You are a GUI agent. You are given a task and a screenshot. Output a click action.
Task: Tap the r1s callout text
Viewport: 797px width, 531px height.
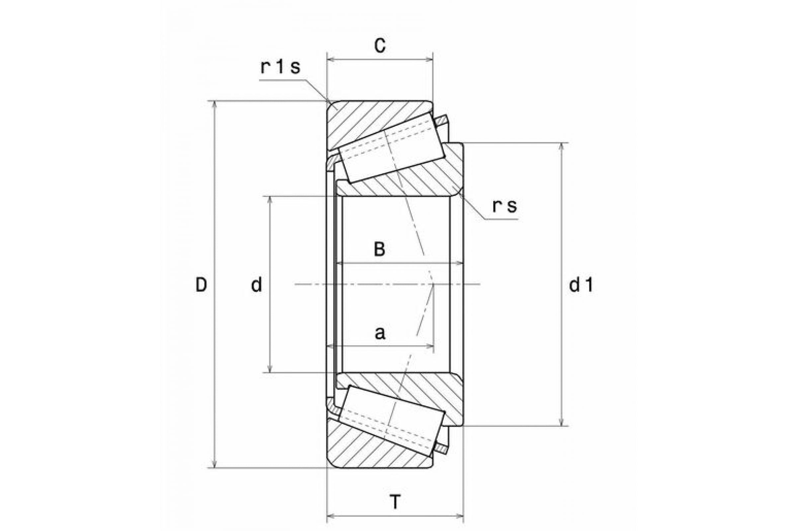(280, 67)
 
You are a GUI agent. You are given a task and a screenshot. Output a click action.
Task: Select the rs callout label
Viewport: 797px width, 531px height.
(504, 206)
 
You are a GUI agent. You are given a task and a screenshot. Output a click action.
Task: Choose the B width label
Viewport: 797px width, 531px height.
(380, 249)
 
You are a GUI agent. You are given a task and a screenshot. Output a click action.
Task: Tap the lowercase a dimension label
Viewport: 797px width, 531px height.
(380, 334)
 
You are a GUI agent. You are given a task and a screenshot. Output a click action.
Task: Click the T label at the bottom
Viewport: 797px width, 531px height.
(395, 502)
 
